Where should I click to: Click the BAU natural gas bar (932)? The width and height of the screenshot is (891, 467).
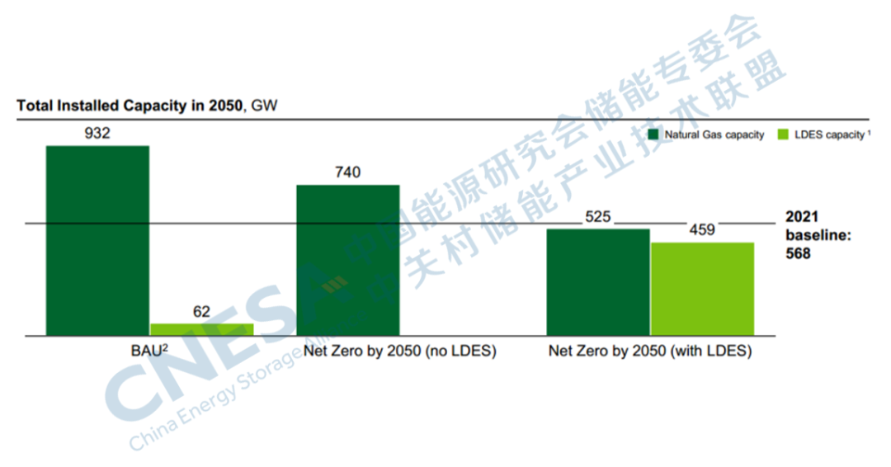tap(97, 240)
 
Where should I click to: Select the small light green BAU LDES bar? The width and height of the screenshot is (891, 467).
tap(201, 329)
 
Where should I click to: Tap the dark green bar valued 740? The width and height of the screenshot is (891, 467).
tap(347, 260)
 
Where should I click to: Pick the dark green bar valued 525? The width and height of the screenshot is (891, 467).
tap(598, 282)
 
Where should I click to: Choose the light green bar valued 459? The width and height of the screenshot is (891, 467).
tap(702, 289)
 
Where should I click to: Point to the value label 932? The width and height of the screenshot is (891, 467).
tap(97, 134)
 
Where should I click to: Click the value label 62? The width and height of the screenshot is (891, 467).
tap(201, 312)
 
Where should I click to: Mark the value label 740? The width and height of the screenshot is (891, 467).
tap(347, 172)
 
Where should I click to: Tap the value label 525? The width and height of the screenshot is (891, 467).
tap(597, 217)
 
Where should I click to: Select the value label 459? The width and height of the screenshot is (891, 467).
tap(702, 230)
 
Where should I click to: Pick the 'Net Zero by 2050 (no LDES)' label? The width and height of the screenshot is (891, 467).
tap(400, 351)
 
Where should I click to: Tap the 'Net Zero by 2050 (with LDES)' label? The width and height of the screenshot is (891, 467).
tap(651, 351)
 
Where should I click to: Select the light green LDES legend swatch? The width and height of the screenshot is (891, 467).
tap(782, 134)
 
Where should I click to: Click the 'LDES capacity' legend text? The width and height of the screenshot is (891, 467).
tap(828, 134)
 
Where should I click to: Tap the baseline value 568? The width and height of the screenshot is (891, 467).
tap(797, 254)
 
